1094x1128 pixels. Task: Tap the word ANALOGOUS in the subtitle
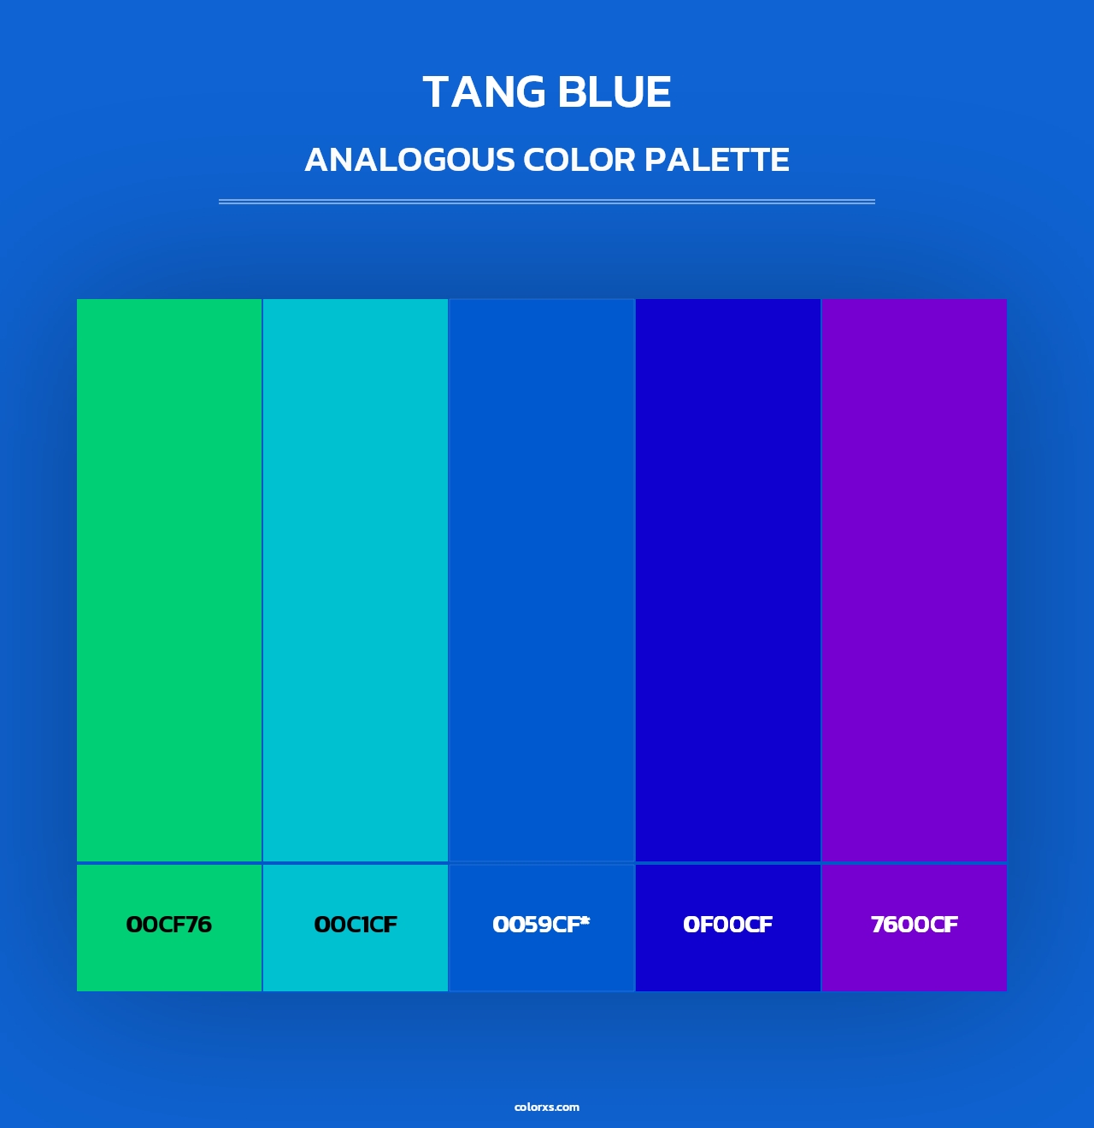(409, 160)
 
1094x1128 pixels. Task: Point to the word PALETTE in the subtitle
(716, 160)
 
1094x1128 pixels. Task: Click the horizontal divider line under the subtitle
(547, 202)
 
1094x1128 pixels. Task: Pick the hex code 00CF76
(168, 925)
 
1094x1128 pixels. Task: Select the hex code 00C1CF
(356, 925)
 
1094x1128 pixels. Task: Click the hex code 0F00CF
(727, 925)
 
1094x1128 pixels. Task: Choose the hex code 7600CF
(914, 925)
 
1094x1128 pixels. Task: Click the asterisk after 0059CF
(585, 920)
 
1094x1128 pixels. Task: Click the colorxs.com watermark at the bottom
(547, 1107)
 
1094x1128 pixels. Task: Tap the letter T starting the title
(436, 92)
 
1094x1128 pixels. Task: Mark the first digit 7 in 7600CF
(878, 925)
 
